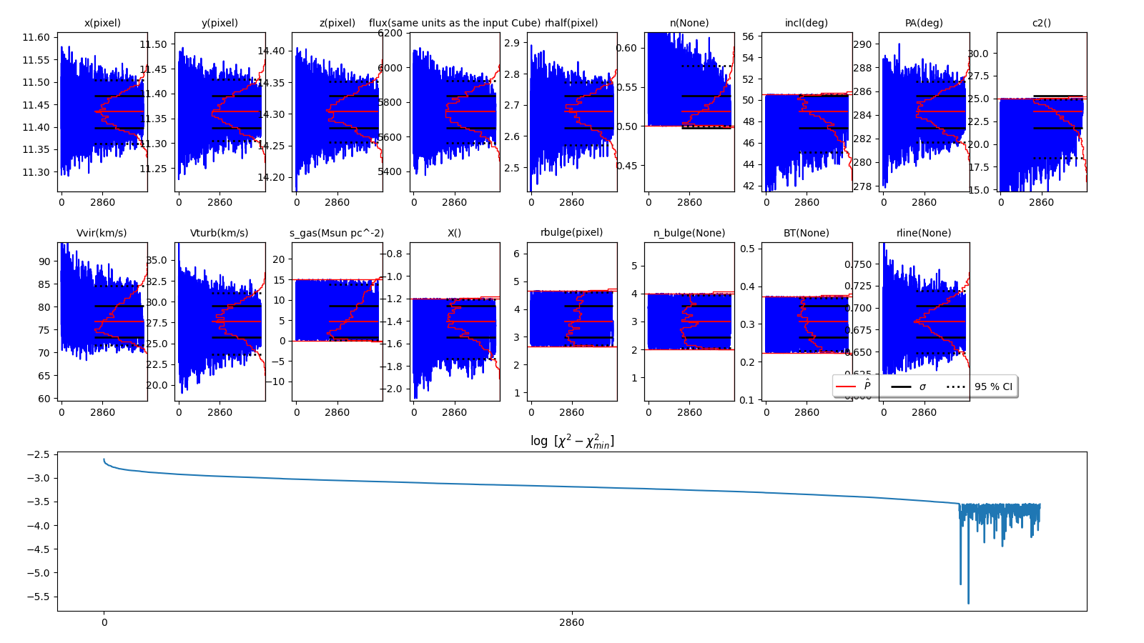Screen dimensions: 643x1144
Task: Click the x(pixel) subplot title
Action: coord(102,23)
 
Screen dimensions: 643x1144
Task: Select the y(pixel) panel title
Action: coord(220,23)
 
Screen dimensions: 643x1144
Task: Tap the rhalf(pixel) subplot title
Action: coord(571,23)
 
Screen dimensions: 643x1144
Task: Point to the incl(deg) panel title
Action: coord(806,23)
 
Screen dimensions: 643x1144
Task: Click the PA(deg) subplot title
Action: coord(924,23)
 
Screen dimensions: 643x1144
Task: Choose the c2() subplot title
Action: coord(1041,23)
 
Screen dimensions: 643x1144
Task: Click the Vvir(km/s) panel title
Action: coord(102,233)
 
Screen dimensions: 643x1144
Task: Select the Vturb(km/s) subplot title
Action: coord(220,233)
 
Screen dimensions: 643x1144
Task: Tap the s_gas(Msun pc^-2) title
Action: coord(337,233)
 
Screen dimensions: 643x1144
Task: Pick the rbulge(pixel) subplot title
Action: coord(571,232)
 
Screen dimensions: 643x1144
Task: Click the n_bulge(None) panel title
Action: coord(689,233)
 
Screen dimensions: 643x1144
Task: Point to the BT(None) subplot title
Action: coord(806,233)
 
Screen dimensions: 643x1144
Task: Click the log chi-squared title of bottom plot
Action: coord(572,441)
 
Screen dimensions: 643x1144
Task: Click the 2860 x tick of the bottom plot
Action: coord(571,622)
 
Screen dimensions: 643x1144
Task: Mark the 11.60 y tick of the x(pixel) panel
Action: coord(36,37)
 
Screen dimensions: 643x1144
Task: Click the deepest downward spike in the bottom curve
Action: coord(968,602)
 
